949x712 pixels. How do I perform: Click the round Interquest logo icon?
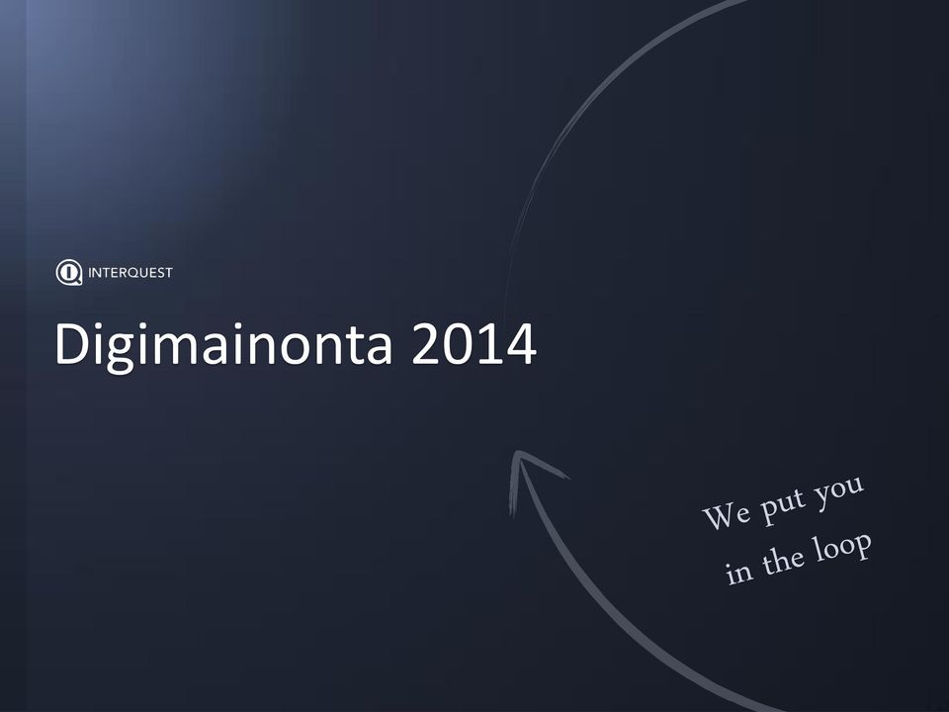point(69,273)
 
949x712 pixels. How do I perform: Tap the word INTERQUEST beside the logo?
point(130,273)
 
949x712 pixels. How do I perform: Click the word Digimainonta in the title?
point(223,345)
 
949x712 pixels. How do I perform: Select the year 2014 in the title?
point(474,343)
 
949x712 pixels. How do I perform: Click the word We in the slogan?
point(727,515)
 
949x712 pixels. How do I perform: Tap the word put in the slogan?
point(783,504)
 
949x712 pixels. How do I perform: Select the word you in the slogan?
point(839,489)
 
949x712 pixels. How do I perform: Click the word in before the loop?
point(739,572)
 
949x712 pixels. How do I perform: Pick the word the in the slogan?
point(783,560)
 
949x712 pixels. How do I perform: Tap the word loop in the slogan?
point(842,547)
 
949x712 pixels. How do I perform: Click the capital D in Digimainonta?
point(73,343)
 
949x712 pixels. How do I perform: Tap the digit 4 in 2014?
point(521,343)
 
